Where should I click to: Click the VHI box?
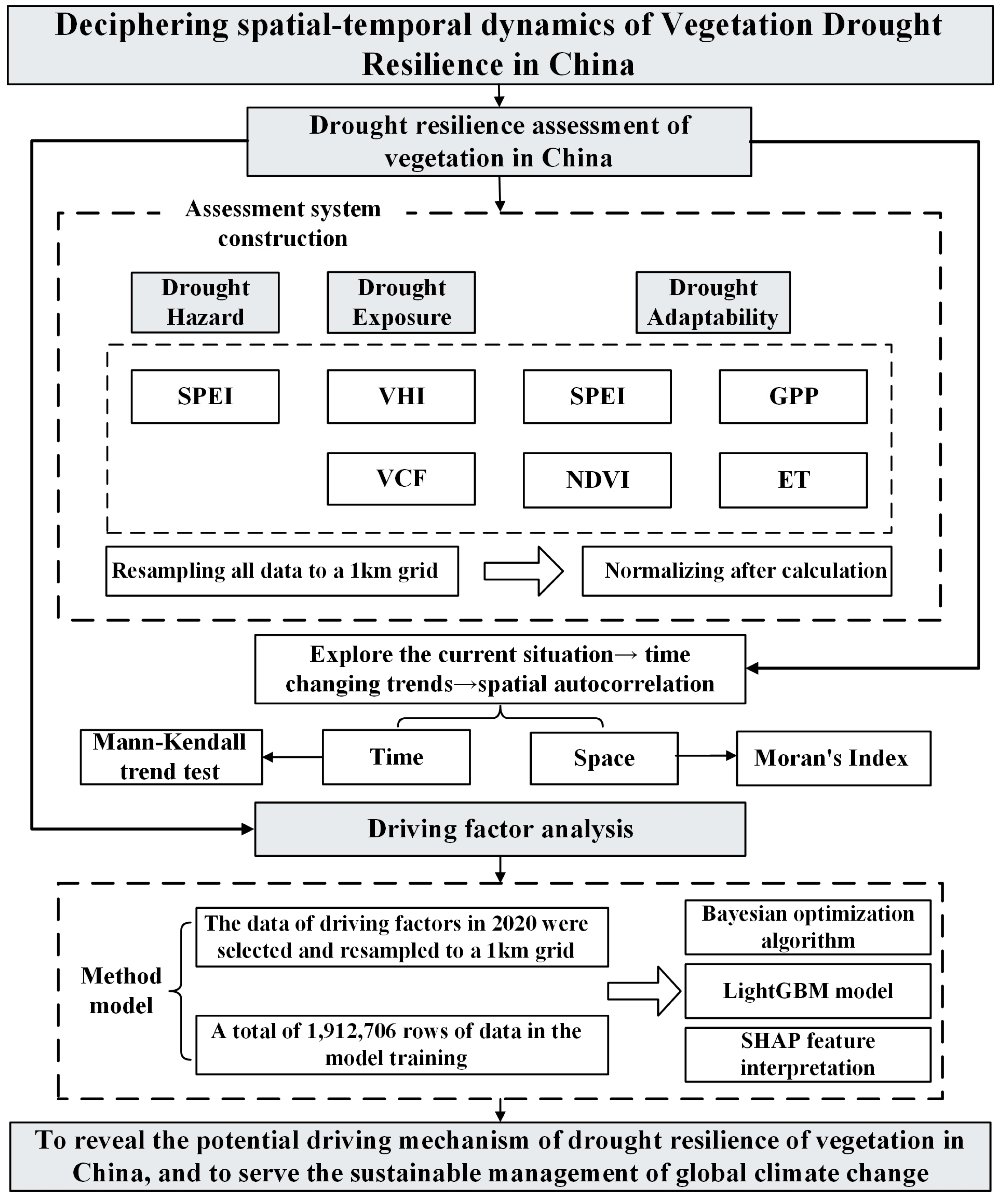pyautogui.click(x=401, y=397)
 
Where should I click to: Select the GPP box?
pyautogui.click(x=793, y=397)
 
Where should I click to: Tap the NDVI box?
pyautogui.click(x=597, y=480)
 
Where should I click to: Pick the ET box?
pyautogui.click(x=793, y=480)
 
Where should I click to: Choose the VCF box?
pyautogui.click(x=401, y=479)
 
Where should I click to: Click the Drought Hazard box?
pyautogui.click(x=205, y=302)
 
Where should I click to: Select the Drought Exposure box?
pyautogui.click(x=401, y=302)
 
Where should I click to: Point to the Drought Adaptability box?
pyautogui.click(x=713, y=302)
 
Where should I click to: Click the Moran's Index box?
pyautogui.click(x=833, y=758)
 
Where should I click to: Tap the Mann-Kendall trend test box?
pyautogui.click(x=171, y=757)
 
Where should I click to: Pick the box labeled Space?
pyautogui.click(x=604, y=758)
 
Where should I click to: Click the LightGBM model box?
pyautogui.click(x=808, y=991)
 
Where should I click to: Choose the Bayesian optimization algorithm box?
pyautogui.click(x=808, y=927)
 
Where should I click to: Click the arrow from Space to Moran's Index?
pyautogui.click(x=707, y=756)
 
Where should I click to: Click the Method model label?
pyautogui.click(x=121, y=991)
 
